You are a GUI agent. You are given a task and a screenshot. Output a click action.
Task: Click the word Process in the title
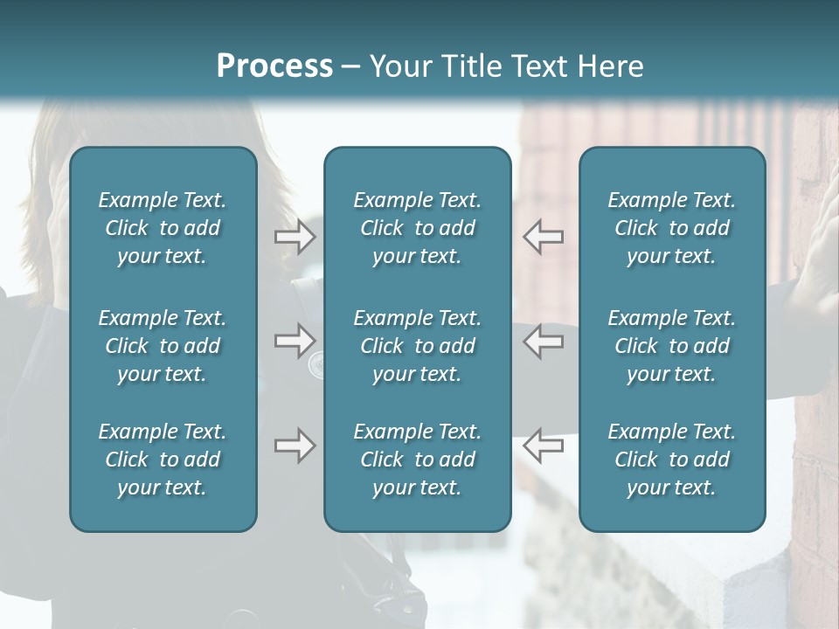274,66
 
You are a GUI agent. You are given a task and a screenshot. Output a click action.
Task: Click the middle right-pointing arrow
295,341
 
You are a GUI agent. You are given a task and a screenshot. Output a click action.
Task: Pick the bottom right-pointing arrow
295,446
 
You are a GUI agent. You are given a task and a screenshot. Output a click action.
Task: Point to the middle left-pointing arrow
544,341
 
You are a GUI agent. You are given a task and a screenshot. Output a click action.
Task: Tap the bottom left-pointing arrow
544,446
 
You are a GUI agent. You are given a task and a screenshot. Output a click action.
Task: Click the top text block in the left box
163,228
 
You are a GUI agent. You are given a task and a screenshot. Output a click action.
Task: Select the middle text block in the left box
163,346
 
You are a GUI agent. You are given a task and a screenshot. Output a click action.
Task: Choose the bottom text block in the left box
163,460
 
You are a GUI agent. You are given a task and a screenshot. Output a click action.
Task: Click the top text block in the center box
417,228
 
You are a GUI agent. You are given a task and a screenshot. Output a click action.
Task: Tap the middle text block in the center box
417,346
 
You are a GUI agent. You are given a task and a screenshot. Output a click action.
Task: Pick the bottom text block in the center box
417,460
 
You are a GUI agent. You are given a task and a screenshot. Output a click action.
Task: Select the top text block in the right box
671,228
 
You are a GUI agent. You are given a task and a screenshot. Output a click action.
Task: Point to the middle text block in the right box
671,346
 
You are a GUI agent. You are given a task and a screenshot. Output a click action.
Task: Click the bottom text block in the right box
671,460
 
